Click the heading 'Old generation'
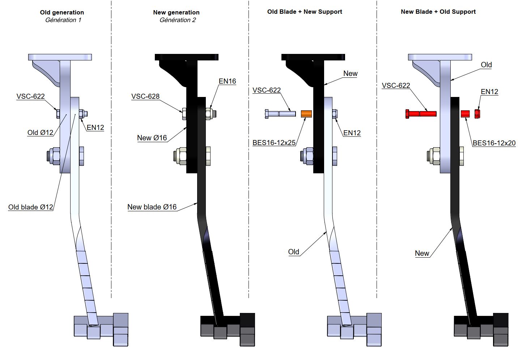[62, 12]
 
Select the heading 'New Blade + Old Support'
[438, 12]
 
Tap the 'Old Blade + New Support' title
[305, 12]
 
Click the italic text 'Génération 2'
[178, 20]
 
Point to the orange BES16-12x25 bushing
[306, 114]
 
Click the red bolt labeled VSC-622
[421, 114]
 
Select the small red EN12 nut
[477, 114]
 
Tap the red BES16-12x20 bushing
[465, 114]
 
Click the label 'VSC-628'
[145, 96]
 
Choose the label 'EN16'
[227, 81]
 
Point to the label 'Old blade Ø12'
[31, 207]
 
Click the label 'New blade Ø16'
[152, 207]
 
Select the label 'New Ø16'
[152, 138]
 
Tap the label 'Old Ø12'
[40, 132]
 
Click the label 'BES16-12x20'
[494, 143]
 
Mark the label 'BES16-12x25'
[274, 143]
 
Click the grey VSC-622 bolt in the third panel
[280, 114]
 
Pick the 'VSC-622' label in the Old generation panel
[31, 96]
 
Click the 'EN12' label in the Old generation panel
[95, 127]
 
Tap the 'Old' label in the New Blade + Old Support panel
[486, 65]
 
